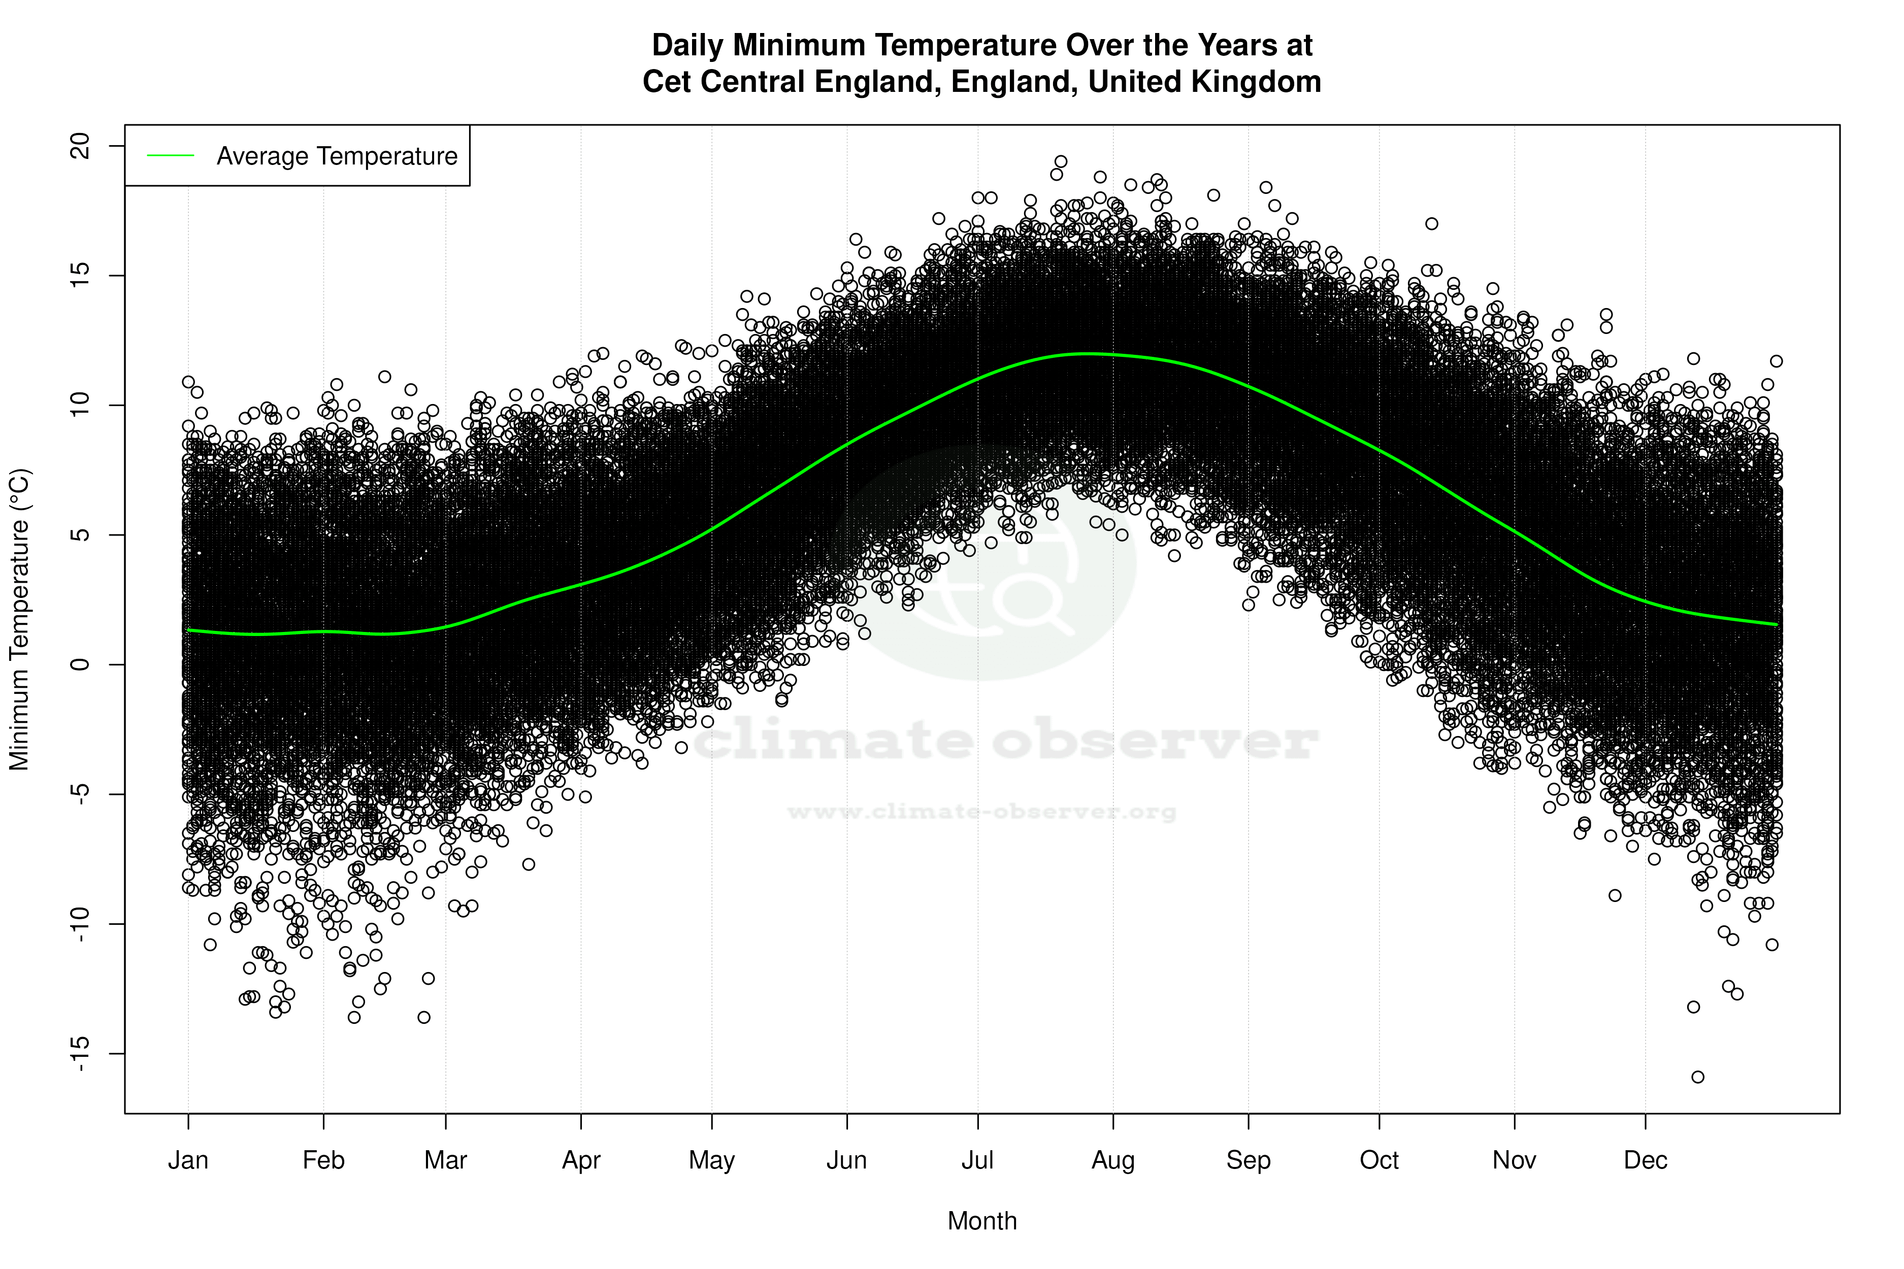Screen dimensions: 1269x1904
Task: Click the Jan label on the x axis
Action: tap(188, 1160)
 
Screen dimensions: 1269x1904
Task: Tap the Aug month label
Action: tap(1113, 1160)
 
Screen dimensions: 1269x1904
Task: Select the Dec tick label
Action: tap(1645, 1160)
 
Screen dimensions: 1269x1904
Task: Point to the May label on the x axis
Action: tap(711, 1160)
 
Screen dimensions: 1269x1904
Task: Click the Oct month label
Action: tap(1378, 1160)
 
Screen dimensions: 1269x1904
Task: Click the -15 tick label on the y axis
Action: tap(81, 1054)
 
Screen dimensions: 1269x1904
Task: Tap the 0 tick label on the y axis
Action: tap(81, 664)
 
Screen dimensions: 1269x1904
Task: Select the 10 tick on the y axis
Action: tap(81, 406)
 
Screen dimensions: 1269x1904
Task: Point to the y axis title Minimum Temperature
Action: tap(19, 619)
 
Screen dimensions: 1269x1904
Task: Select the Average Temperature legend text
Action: tap(337, 156)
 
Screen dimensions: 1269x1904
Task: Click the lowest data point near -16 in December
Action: tap(1697, 1077)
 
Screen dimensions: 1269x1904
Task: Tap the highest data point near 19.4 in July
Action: tap(1061, 162)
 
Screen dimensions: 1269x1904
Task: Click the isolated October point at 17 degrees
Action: tap(1432, 223)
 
